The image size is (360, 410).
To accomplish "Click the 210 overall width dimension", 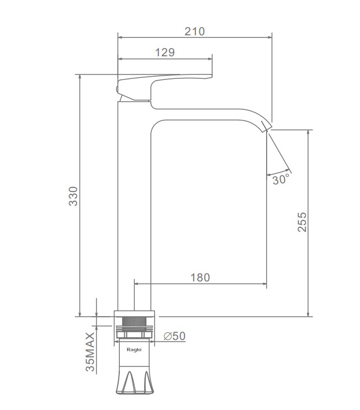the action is [x=195, y=31].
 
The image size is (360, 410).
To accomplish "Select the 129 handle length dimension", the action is [x=165, y=52].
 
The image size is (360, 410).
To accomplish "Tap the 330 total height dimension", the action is [x=73, y=196].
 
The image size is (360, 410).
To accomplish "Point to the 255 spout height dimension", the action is [x=302, y=222].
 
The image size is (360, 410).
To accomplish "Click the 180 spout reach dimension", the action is [x=200, y=278].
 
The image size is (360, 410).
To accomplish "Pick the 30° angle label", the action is [x=281, y=179].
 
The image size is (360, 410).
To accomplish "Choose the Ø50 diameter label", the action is [x=174, y=336].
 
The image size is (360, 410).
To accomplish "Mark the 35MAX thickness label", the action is [x=90, y=352].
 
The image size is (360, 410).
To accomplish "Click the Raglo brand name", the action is [x=134, y=350].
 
